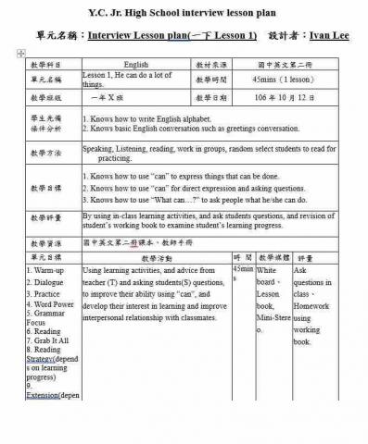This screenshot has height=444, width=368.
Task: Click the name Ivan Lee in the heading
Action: click(330, 35)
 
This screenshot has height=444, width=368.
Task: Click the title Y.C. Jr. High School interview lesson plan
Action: click(184, 12)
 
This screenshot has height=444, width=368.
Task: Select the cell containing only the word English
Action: click(135, 65)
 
